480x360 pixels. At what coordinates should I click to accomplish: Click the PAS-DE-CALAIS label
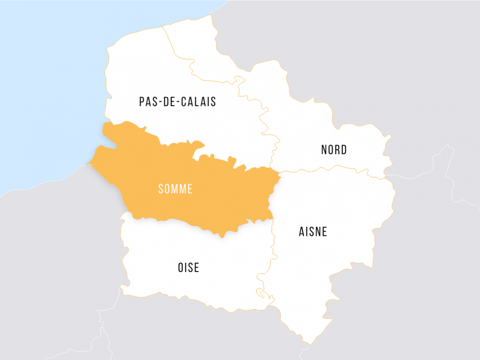click(177, 102)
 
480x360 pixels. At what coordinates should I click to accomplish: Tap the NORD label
click(334, 150)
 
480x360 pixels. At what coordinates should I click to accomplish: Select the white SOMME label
click(175, 189)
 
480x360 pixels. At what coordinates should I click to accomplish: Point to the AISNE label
click(313, 232)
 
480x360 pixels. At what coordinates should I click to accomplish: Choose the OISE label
click(188, 268)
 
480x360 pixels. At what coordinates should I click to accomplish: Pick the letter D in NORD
click(344, 150)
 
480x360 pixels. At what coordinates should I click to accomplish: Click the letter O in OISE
click(181, 268)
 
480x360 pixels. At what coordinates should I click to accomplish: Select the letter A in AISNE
click(302, 232)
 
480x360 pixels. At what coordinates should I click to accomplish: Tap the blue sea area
click(44, 80)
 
